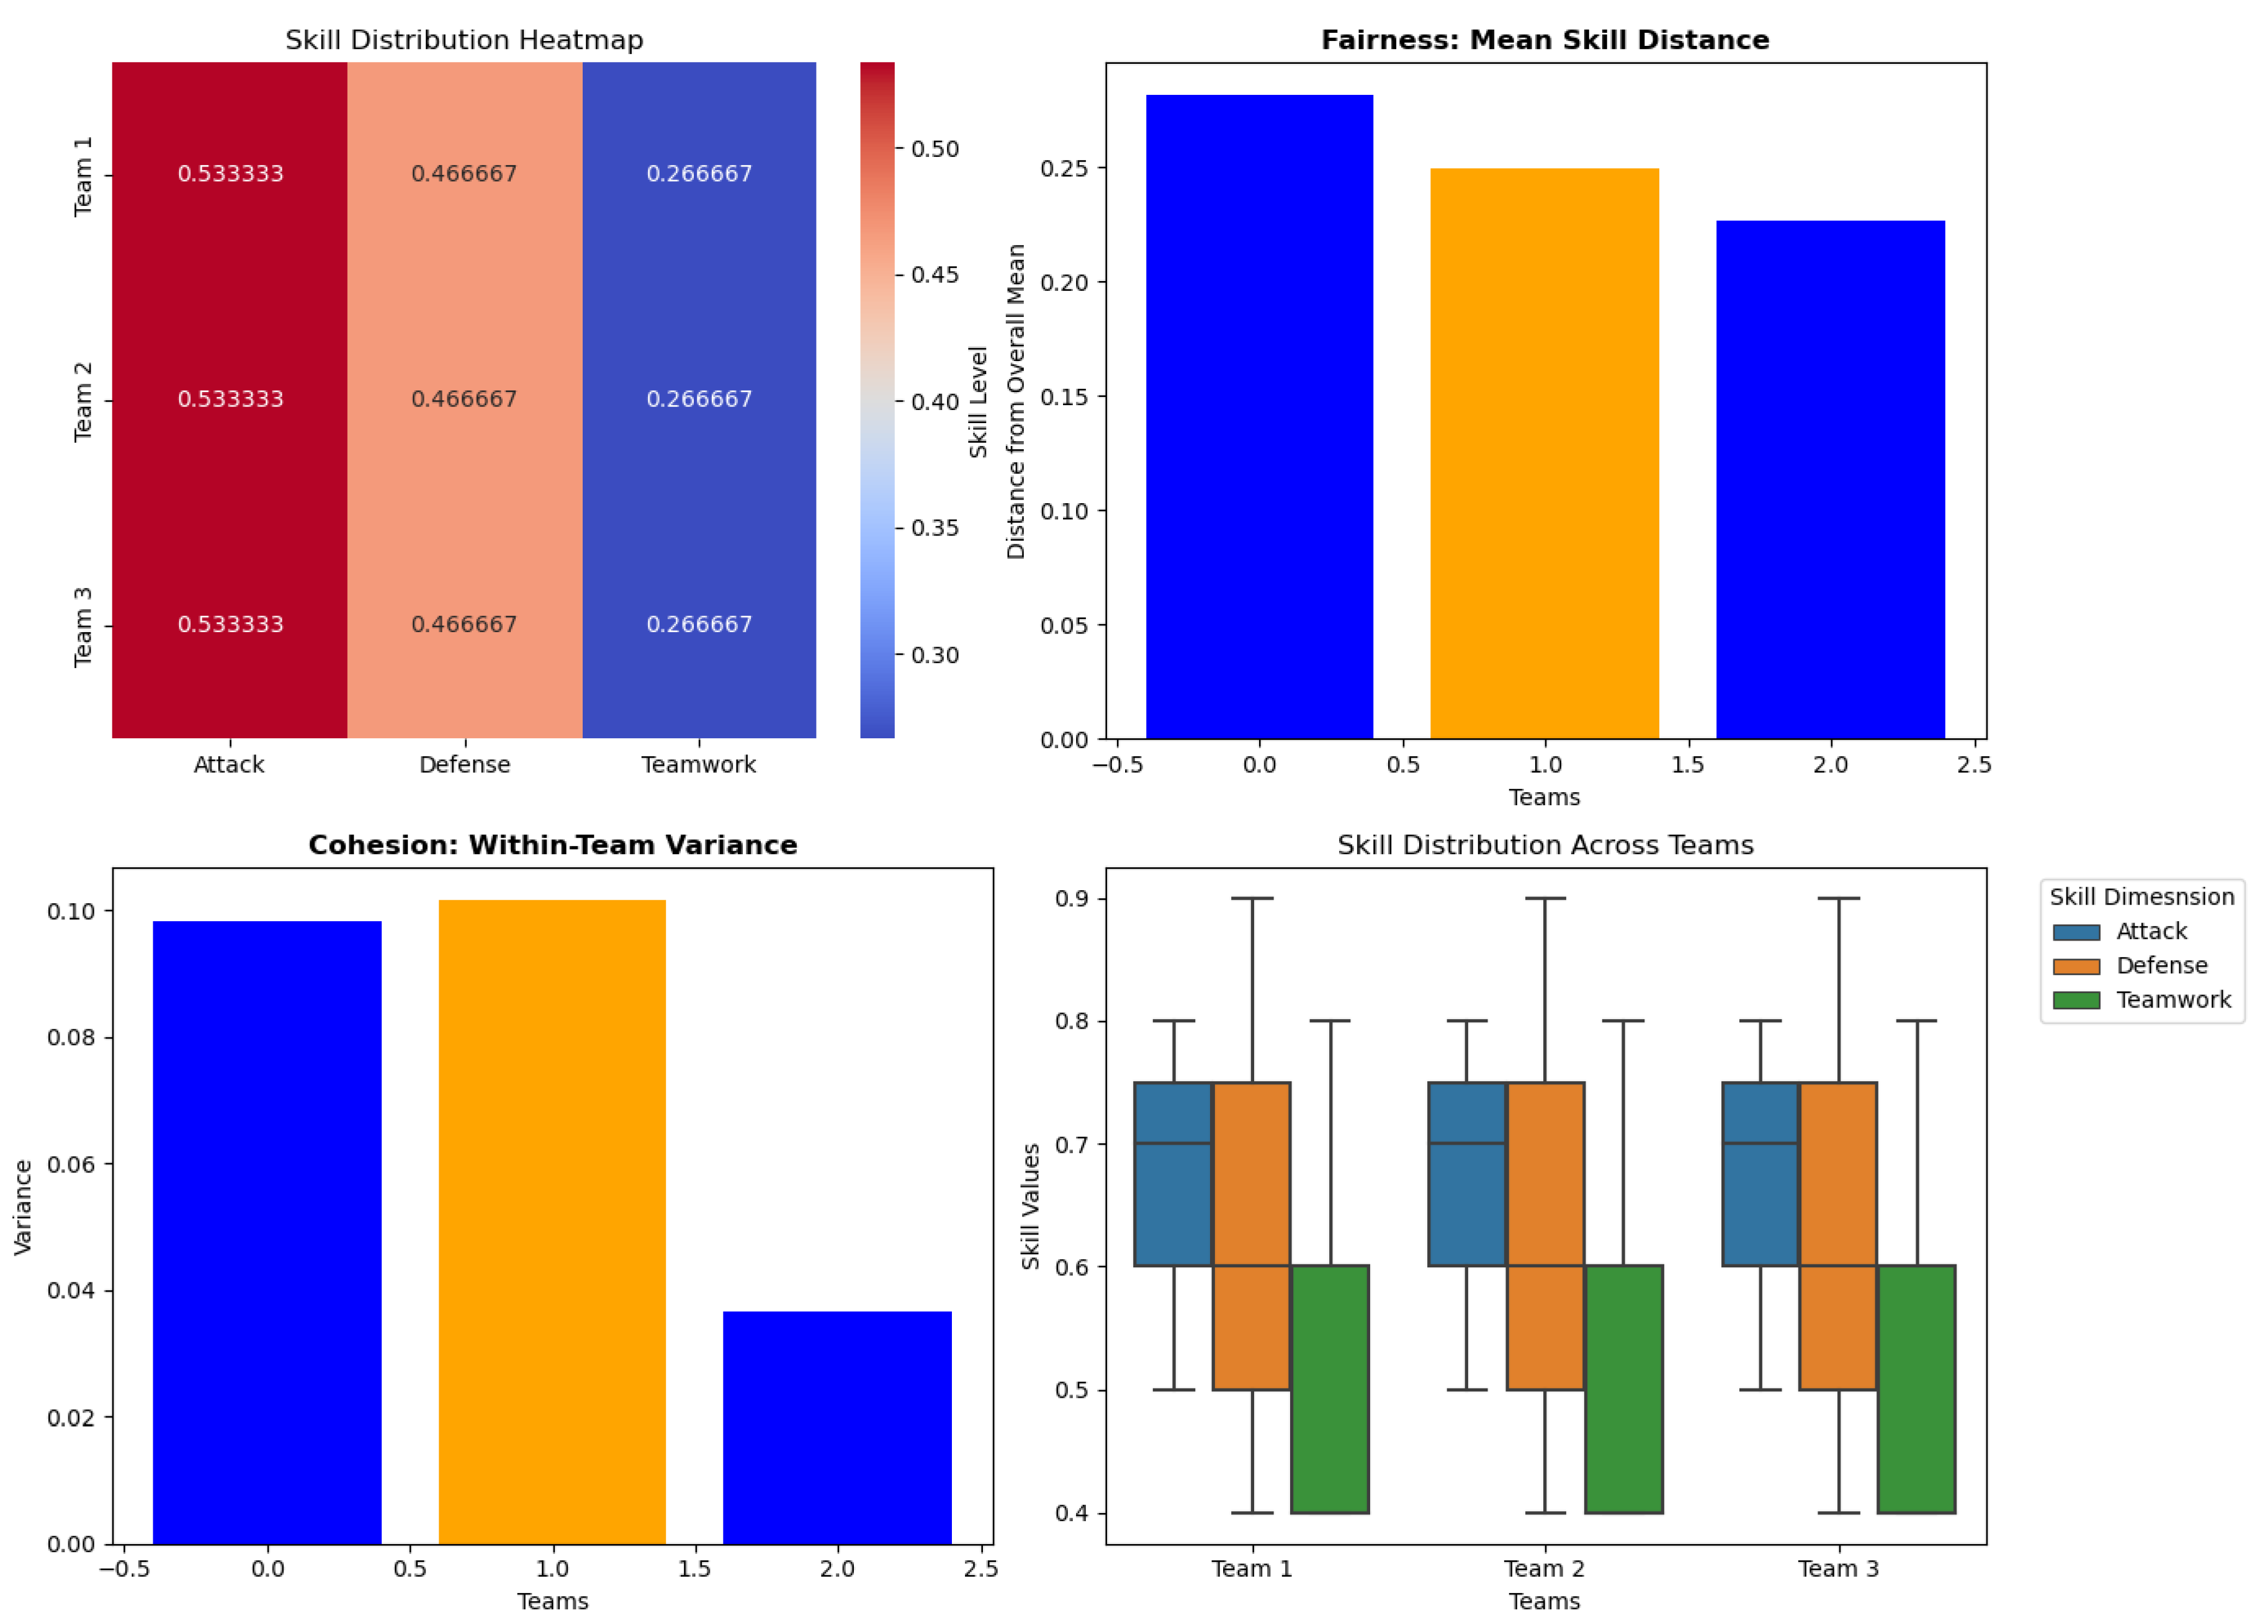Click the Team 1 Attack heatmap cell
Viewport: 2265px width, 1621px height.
point(230,174)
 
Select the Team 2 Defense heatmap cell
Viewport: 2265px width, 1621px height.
point(464,400)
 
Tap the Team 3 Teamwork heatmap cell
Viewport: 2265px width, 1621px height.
point(699,625)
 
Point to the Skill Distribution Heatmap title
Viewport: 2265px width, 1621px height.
point(464,40)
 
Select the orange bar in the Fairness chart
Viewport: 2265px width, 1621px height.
point(1545,454)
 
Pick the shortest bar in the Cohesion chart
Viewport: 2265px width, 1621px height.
point(836,1427)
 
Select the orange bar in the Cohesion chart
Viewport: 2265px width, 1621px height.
point(552,1223)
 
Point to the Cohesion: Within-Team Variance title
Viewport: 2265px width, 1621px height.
point(552,846)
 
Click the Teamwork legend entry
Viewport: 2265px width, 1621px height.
point(2172,1000)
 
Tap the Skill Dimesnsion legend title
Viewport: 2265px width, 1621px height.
point(2142,897)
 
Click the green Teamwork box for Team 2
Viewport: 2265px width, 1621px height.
point(1623,1390)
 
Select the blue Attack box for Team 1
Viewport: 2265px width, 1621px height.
point(1173,1174)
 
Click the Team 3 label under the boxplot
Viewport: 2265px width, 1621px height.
point(1838,1569)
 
